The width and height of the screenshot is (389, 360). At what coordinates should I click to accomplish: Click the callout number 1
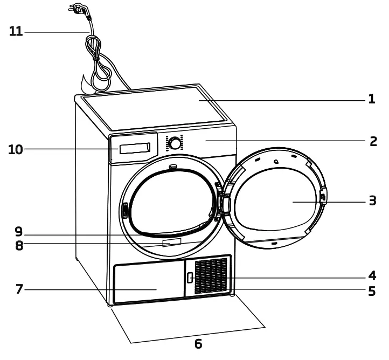tap(371, 100)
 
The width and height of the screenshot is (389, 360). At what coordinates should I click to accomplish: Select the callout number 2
tap(372, 141)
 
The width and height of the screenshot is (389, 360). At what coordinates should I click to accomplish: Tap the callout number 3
tap(372, 202)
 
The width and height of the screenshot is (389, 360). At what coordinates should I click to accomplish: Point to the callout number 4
tap(372, 276)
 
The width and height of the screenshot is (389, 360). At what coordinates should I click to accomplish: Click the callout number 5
tap(372, 292)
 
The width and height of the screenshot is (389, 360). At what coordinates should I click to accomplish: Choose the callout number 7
tap(19, 289)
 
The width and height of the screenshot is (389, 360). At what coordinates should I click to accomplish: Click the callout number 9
tap(19, 233)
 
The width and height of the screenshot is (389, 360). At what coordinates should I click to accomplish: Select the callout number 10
tap(16, 149)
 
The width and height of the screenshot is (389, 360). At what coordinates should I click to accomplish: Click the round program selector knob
tap(175, 143)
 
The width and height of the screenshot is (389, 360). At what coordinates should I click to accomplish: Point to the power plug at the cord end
tap(77, 8)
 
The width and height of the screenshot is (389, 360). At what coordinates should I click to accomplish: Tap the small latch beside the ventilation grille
tap(189, 278)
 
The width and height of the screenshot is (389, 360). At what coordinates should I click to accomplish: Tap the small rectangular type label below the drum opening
tap(168, 245)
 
